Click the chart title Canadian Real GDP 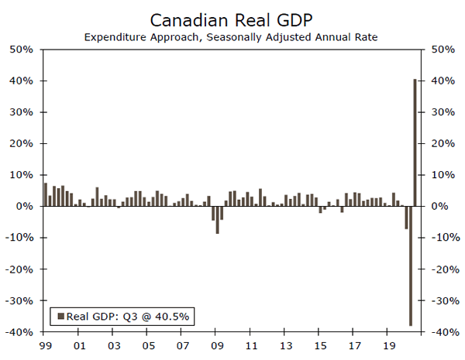pyautogui.click(x=232, y=18)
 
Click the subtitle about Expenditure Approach pyautogui.click(x=232, y=36)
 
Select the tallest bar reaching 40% pyautogui.click(x=415, y=142)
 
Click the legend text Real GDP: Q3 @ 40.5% pyautogui.click(x=128, y=315)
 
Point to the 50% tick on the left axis pyautogui.click(x=22, y=50)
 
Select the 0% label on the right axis pyautogui.click(x=438, y=207)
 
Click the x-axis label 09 pyautogui.click(x=216, y=346)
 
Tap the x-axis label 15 pyautogui.click(x=320, y=346)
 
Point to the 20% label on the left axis pyautogui.click(x=22, y=144)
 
